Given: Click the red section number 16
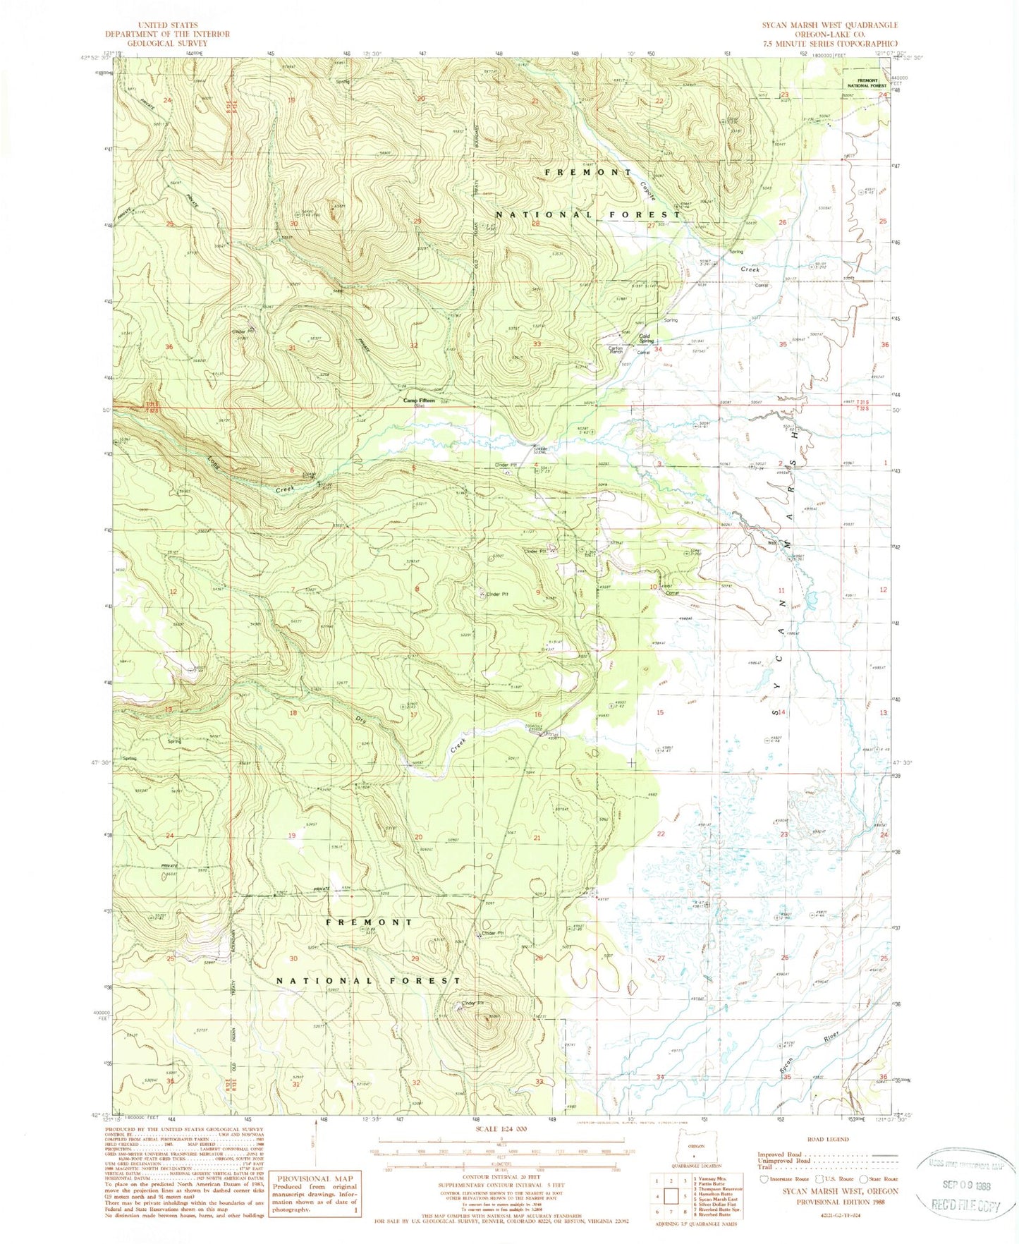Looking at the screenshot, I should coord(538,714).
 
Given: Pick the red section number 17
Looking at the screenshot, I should coord(414,714).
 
